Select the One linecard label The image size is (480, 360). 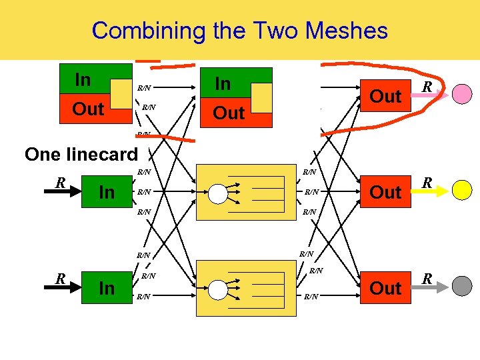coord(81,154)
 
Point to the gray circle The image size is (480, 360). coord(462,286)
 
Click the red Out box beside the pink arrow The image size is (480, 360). coord(385,97)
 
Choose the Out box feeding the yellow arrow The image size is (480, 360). coord(385,192)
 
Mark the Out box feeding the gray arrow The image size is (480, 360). coord(385,288)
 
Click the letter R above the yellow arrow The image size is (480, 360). coord(427,182)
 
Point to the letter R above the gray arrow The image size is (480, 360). coord(427,278)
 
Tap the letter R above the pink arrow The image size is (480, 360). coord(427,87)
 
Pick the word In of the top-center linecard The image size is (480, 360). coord(223,83)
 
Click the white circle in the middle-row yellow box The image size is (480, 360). coord(218,193)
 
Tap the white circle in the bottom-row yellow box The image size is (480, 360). coord(218,289)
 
